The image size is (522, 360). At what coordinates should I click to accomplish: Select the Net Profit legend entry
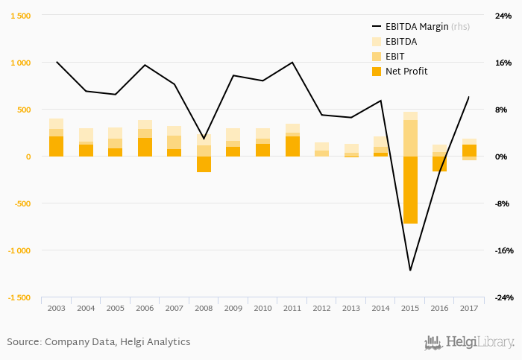(406, 72)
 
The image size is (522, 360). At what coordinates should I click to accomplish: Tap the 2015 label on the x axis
(409, 308)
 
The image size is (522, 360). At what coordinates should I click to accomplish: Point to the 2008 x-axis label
(204, 308)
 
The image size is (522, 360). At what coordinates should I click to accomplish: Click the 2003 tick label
(56, 308)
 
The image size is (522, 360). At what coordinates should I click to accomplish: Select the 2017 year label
(468, 308)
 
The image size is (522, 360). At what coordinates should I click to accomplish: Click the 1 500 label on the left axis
(20, 16)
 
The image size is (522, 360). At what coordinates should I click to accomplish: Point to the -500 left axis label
(22, 203)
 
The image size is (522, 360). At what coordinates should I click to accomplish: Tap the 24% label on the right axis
(503, 16)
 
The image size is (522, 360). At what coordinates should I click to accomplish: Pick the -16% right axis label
(503, 250)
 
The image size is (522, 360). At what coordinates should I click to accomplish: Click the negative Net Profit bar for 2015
(409, 190)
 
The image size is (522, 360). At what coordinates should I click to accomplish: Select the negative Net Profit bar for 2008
(204, 164)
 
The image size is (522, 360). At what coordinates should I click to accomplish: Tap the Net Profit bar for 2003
(56, 147)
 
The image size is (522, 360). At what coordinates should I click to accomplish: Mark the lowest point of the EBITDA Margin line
(409, 270)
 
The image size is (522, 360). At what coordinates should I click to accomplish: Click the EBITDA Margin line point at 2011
(292, 63)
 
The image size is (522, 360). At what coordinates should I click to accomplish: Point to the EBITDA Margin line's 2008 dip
(204, 139)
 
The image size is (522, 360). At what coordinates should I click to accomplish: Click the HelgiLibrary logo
(469, 343)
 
